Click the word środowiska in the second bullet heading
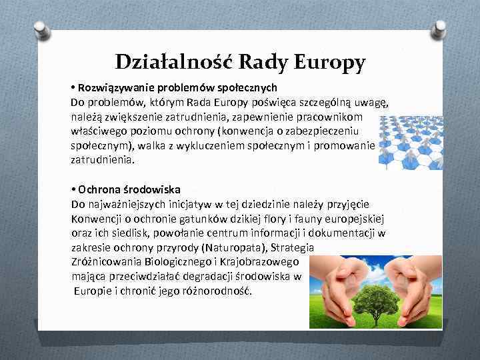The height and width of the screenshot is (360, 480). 161,189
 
